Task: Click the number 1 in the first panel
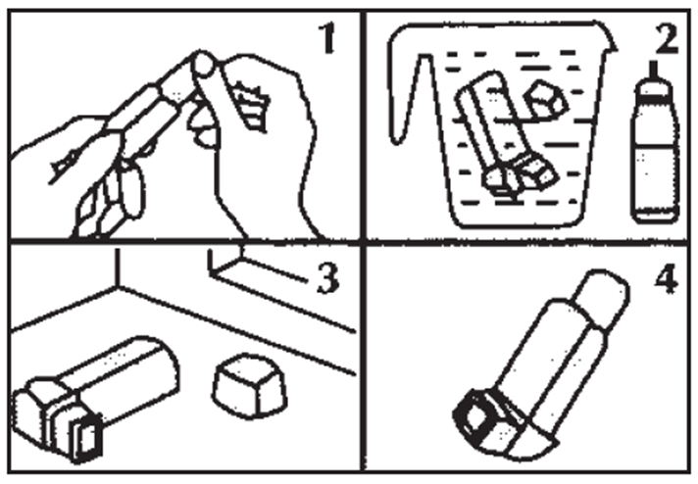(x=328, y=39)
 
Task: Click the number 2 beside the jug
(x=667, y=38)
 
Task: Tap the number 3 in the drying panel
(x=328, y=278)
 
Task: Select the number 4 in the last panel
(x=667, y=279)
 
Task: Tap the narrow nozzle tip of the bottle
(x=654, y=69)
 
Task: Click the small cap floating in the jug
(x=546, y=99)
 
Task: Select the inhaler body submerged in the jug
(x=503, y=133)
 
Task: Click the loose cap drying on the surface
(x=250, y=386)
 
